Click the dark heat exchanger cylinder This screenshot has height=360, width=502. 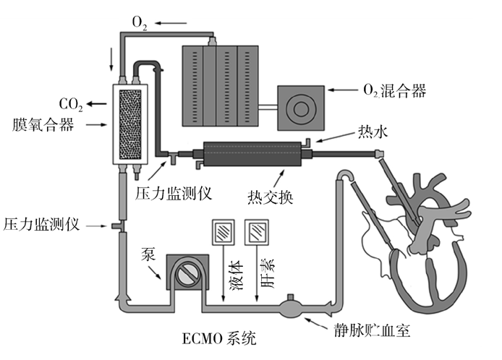point(253,153)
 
